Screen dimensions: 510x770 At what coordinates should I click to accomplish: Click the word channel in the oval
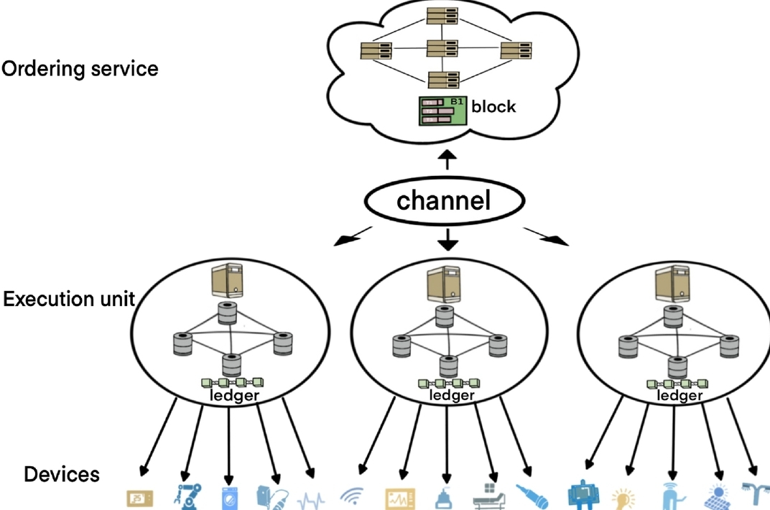(x=443, y=200)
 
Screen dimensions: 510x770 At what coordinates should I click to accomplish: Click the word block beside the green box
(x=493, y=106)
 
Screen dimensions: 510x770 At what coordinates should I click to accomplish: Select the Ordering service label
(x=79, y=69)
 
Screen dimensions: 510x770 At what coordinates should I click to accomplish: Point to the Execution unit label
(x=70, y=299)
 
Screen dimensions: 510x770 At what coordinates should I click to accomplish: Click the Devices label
(x=62, y=475)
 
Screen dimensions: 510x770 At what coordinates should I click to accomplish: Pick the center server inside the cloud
(x=442, y=50)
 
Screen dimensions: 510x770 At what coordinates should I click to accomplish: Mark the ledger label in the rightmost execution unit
(x=679, y=396)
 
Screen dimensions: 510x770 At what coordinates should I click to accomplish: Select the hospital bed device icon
(x=490, y=496)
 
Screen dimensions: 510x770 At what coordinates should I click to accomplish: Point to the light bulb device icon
(x=622, y=498)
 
